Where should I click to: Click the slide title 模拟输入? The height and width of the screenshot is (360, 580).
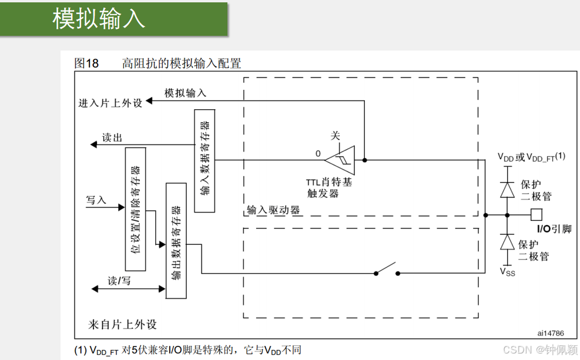click(98, 19)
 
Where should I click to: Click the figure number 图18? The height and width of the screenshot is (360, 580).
click(86, 63)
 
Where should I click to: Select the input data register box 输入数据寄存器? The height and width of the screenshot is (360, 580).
click(204, 159)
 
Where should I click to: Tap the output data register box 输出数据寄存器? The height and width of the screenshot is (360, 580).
click(176, 241)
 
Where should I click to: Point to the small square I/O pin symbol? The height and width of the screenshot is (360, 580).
click(536, 214)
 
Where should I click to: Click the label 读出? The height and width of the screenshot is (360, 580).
click(112, 138)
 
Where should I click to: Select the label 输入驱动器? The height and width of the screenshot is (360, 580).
click(273, 210)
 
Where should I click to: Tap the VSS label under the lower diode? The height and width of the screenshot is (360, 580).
click(507, 272)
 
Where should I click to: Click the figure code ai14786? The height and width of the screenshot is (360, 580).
click(550, 332)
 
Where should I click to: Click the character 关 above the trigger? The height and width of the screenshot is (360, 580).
click(336, 136)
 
